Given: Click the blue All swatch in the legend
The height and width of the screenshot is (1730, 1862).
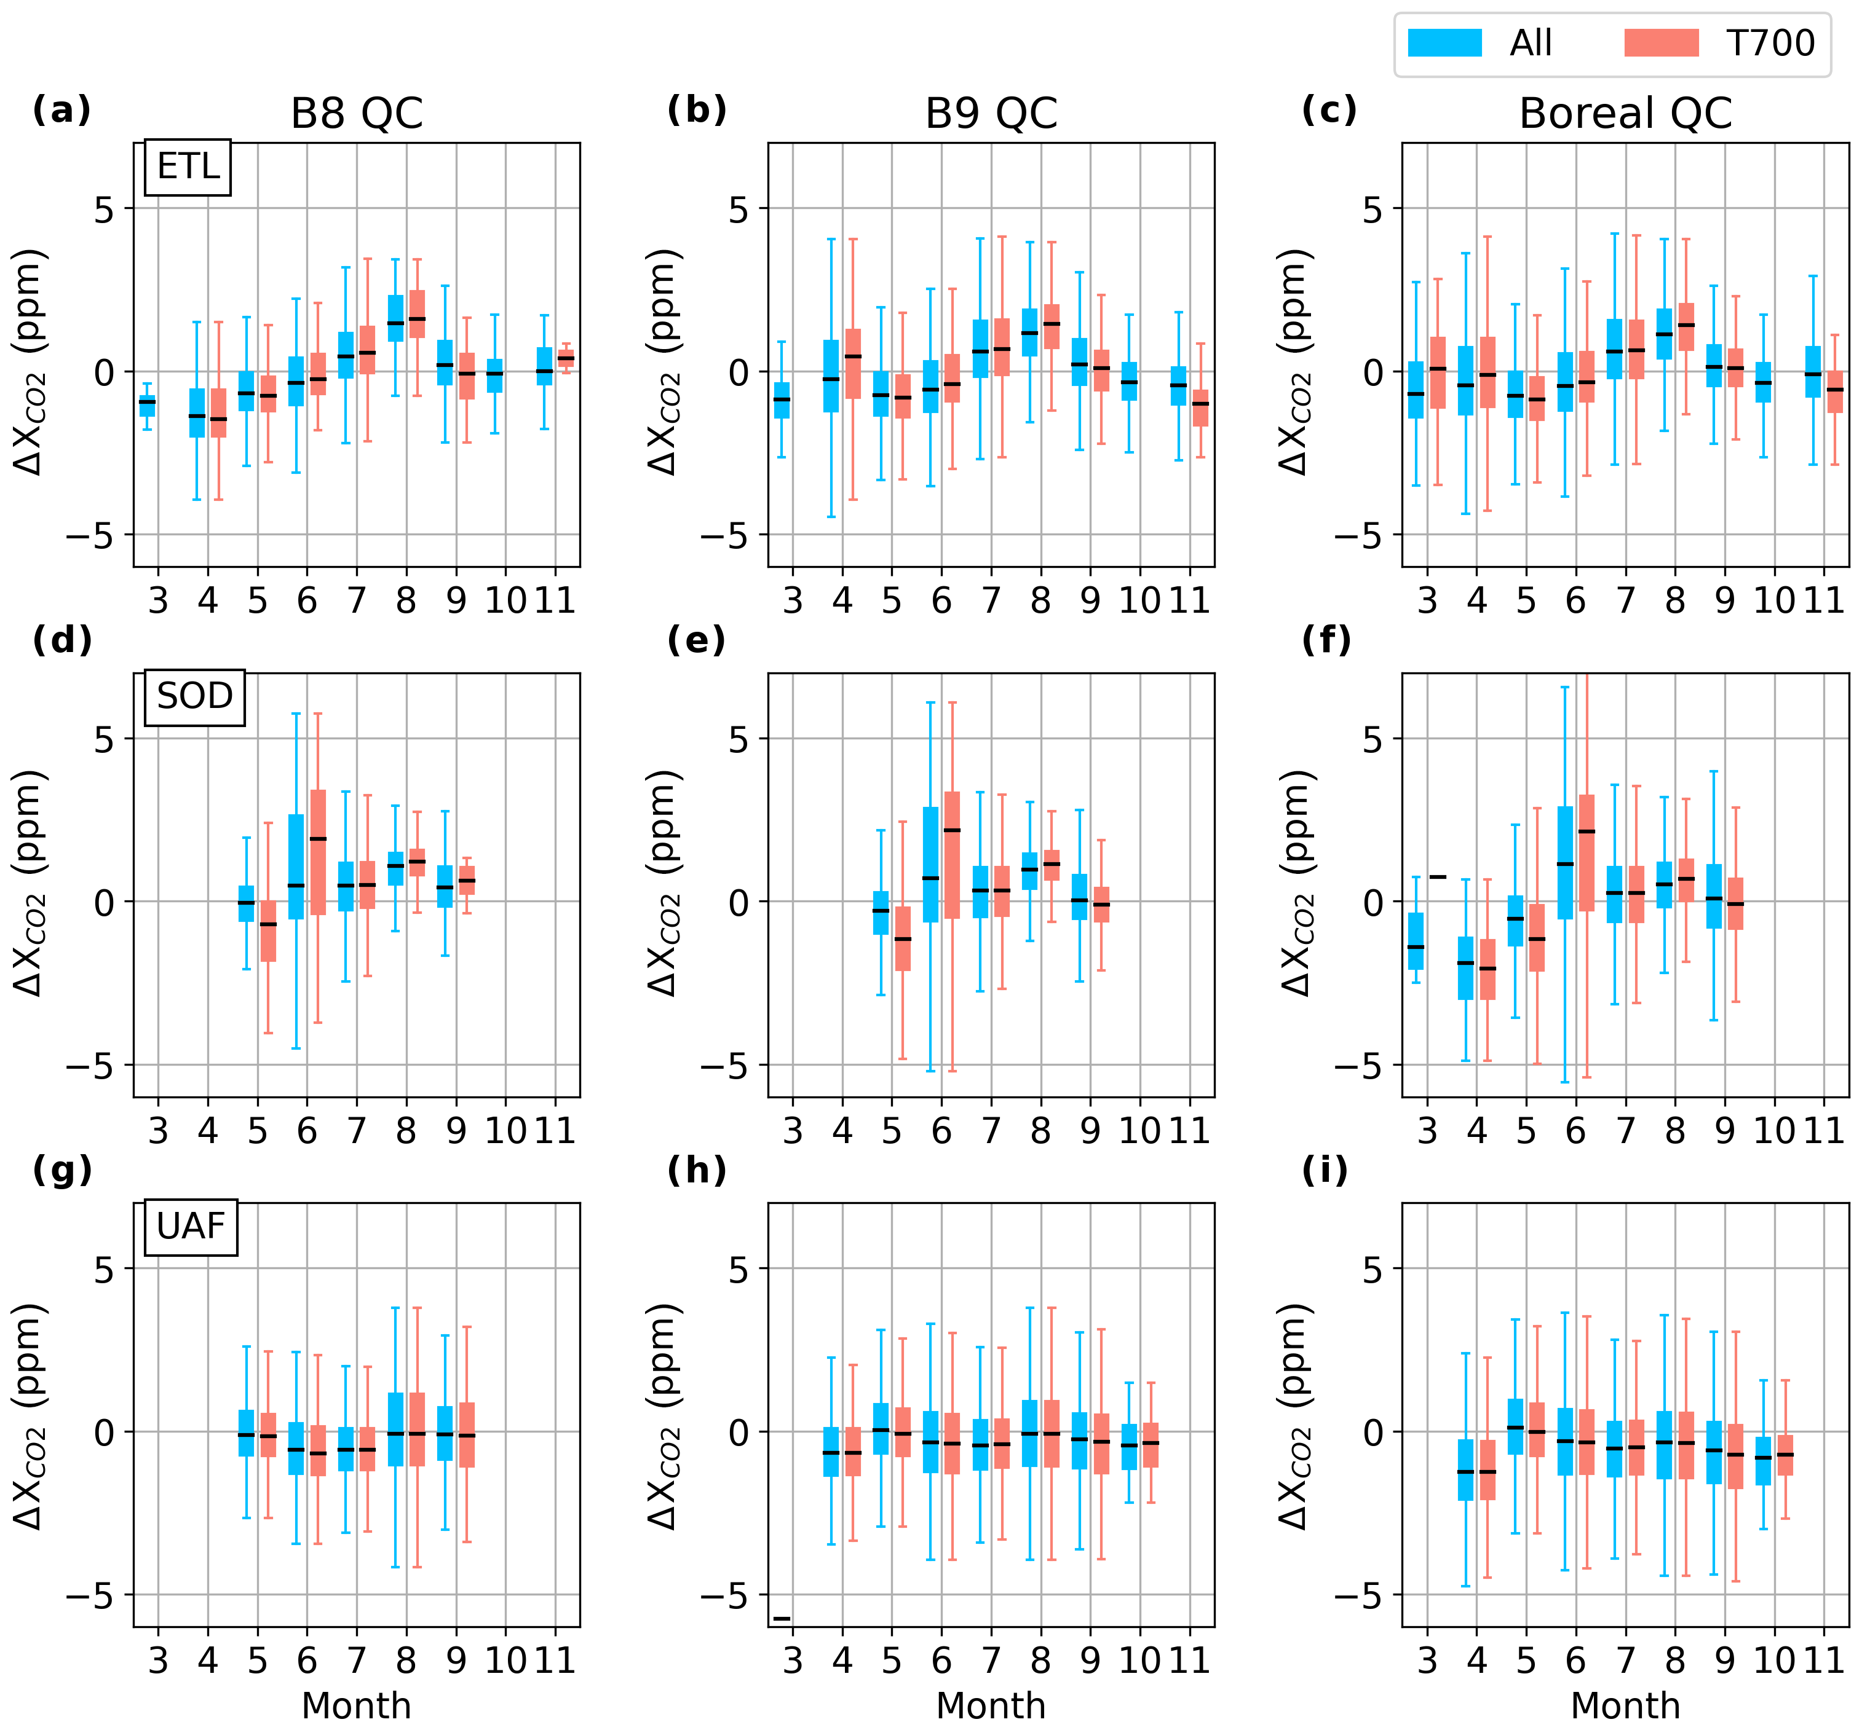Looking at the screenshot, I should (x=1444, y=43).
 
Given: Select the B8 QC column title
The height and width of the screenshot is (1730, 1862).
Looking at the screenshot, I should (x=356, y=113).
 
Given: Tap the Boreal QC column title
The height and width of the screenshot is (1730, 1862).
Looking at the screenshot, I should (x=1625, y=113).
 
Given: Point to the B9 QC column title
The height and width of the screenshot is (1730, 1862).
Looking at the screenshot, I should (x=991, y=113).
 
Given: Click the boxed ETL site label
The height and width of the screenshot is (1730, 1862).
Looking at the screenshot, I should (x=188, y=168).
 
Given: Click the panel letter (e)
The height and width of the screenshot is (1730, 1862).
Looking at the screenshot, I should (x=696, y=640).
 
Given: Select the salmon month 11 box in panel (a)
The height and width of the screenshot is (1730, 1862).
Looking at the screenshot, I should (x=566, y=358).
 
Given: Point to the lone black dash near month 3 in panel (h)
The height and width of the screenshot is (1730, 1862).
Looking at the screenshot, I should (x=781, y=1618).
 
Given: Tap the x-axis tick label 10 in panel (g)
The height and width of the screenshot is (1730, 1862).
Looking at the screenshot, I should (x=505, y=1660).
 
